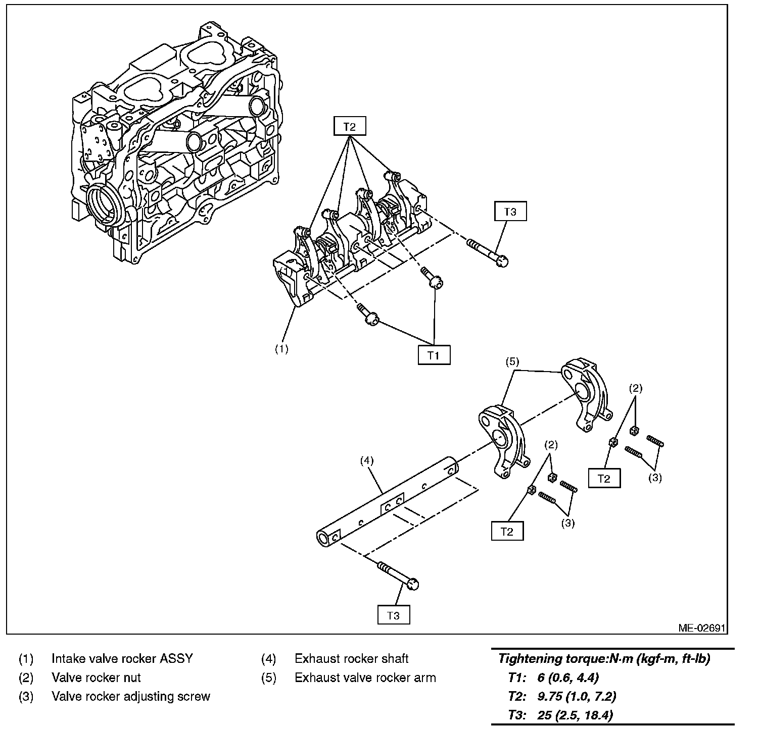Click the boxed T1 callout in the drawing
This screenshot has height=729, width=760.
coord(434,355)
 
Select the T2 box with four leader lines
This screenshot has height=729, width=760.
coord(349,126)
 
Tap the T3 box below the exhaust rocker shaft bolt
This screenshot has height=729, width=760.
coord(393,615)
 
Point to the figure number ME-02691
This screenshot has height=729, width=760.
coord(702,628)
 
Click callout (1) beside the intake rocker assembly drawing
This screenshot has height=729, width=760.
coord(281,349)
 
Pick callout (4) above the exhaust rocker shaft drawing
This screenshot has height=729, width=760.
coord(367,460)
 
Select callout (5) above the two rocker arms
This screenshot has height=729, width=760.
coord(512,361)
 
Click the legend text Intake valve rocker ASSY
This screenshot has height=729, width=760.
coord(122,658)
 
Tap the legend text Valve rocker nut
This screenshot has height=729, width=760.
coord(96,678)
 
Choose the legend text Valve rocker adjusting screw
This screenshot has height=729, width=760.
coord(130,697)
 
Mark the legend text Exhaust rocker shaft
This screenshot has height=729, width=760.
coord(351,658)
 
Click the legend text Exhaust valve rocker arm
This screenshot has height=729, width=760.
coord(365,678)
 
